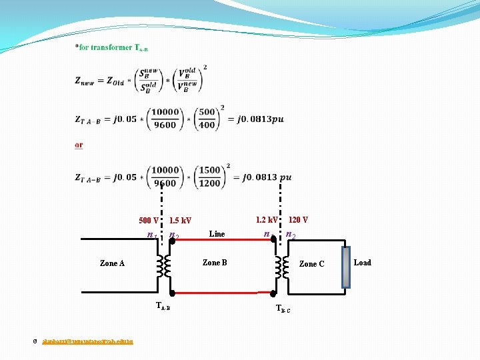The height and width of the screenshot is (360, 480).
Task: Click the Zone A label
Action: [112, 263]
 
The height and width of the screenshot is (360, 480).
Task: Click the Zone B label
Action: [215, 263]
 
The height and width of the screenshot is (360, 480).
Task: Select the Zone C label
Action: [311, 264]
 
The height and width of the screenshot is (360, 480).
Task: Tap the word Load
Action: [363, 263]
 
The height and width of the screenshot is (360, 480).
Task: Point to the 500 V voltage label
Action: [149, 221]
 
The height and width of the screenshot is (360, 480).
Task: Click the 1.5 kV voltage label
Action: [180, 221]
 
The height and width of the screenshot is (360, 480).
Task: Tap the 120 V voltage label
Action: [298, 219]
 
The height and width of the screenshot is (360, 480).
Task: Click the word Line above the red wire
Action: [217, 234]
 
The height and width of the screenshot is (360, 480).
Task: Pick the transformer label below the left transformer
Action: [163, 307]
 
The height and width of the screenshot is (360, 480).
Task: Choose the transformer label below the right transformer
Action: [283, 309]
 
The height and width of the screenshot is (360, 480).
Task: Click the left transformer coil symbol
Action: [163, 267]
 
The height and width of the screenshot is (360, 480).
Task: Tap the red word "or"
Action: [79, 145]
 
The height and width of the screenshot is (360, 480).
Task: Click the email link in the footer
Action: [87, 341]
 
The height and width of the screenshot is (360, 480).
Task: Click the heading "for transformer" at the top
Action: [111, 47]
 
